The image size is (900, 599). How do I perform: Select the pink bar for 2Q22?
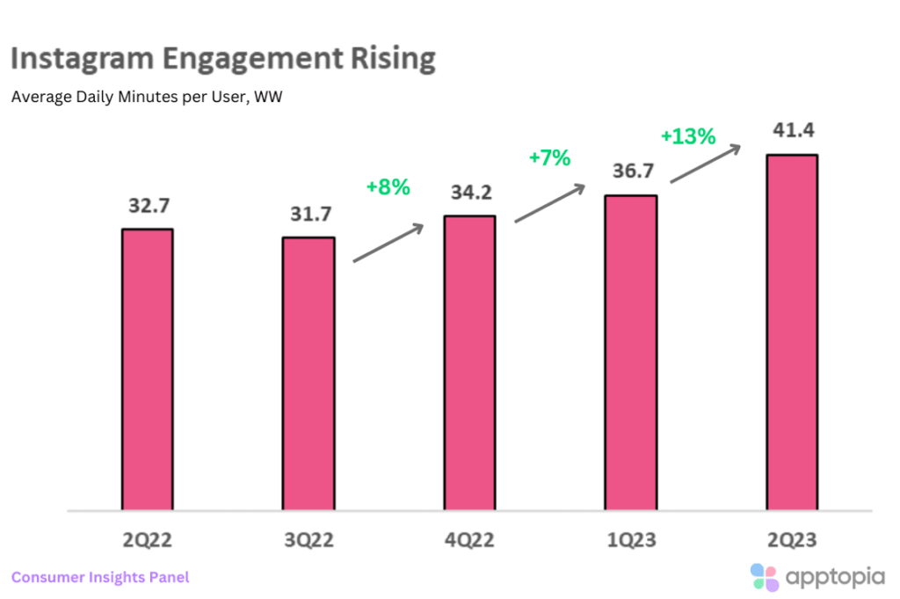pos(147,369)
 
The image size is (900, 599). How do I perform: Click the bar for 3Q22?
pos(308,374)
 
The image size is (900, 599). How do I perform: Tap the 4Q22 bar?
pos(469,362)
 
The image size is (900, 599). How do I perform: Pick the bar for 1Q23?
pos(631,353)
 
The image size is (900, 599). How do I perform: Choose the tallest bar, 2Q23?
pos(792,332)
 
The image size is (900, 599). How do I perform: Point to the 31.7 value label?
pos(308,215)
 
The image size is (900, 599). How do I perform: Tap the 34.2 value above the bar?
pos(469,194)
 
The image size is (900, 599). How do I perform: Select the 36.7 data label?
pos(630,173)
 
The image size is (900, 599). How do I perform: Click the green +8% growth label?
pos(388,186)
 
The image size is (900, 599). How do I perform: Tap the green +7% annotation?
pos(549,158)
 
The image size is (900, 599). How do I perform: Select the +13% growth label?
pos(688,137)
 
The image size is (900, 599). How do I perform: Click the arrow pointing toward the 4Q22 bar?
pos(388,242)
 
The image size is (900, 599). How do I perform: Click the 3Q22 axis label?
pos(308,537)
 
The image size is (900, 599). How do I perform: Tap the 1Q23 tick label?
pos(631,537)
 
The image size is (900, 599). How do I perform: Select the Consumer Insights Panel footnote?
pos(100,578)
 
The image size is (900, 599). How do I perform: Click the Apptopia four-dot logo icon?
pos(765,578)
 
